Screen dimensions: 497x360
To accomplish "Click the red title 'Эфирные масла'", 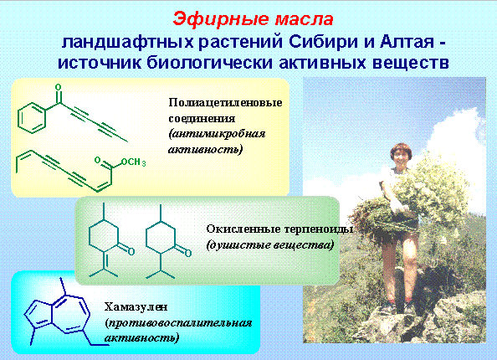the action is coord(253,19).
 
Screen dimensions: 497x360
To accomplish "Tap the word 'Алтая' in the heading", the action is coord(407,42).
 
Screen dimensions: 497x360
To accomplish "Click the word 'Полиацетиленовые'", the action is coord(225,103).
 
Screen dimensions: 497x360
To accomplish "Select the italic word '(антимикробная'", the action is coord(217,134).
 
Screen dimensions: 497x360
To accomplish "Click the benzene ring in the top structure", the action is coord(32,118).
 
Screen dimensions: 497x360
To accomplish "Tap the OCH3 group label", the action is coord(133,162).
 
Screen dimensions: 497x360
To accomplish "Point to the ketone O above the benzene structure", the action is coord(58,87).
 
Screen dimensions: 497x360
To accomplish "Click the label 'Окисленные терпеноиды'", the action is coord(279,229).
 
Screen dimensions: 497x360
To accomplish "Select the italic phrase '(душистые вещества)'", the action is coord(270,244).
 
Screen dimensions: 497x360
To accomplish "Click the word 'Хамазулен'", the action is coord(136,306).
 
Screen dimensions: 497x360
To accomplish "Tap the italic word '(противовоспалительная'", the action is coord(178,323).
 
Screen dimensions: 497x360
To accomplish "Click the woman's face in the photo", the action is coord(400,158).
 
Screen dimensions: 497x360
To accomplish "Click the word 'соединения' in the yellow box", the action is coord(202,119).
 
